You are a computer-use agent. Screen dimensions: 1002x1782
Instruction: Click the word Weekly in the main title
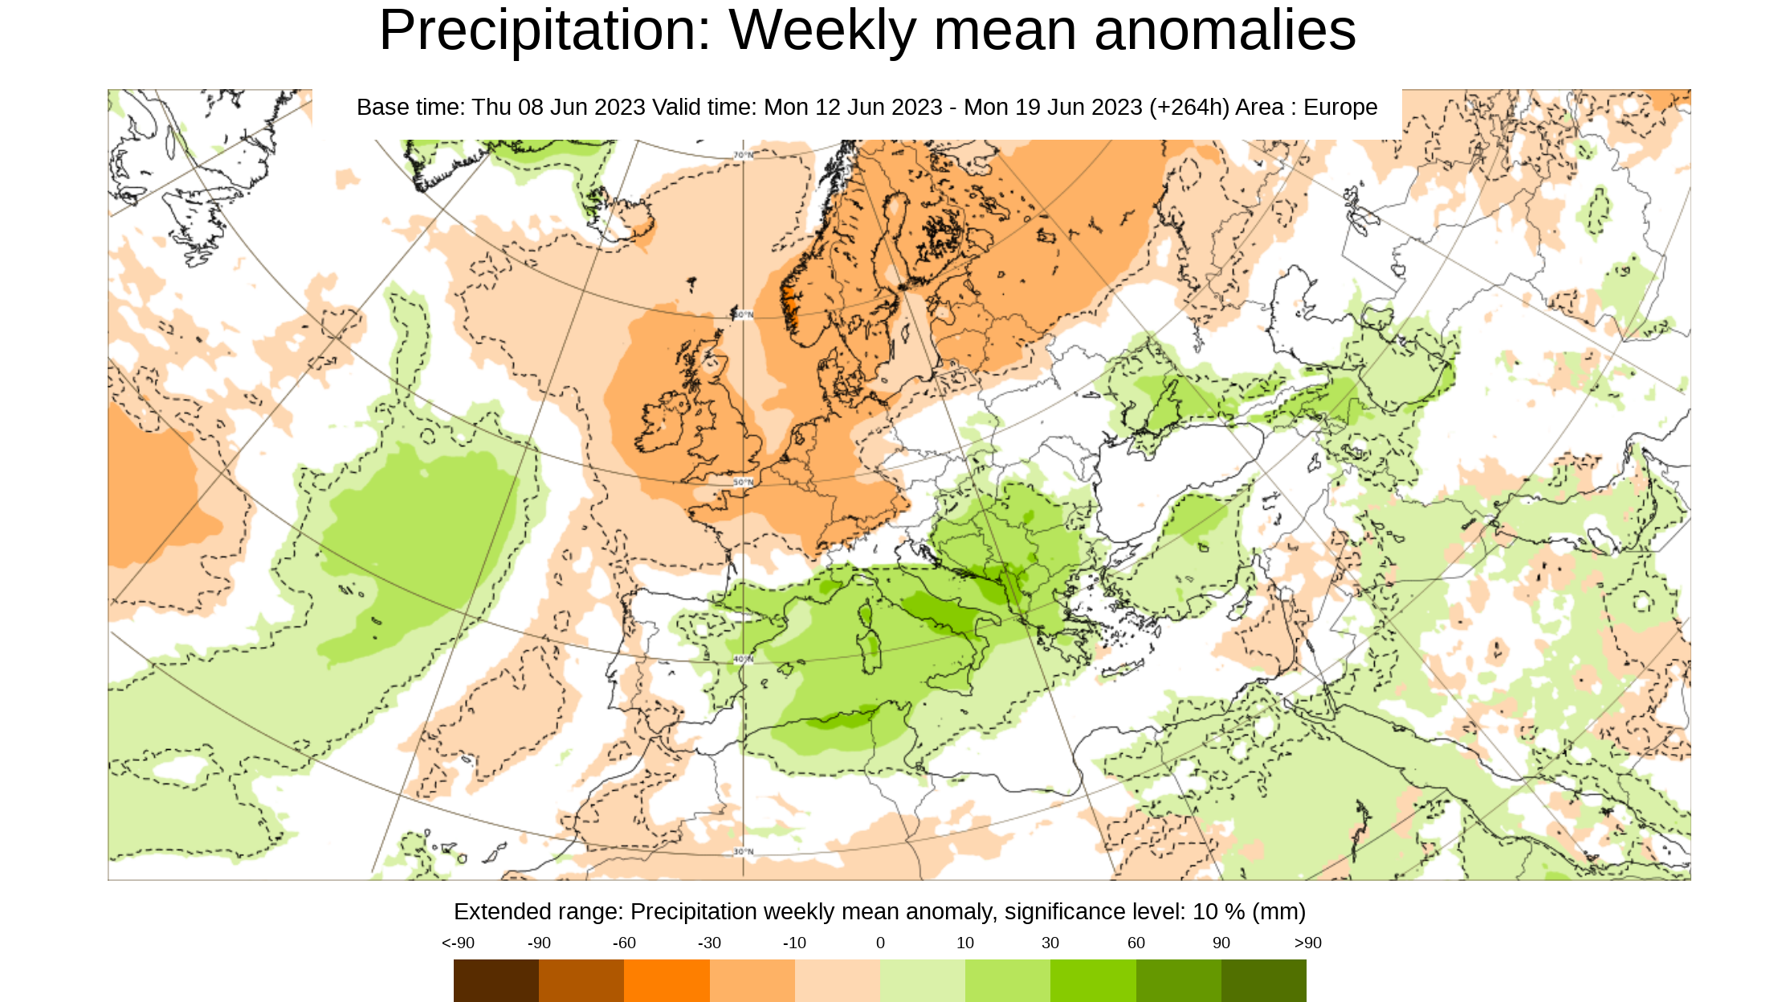[x=822, y=31]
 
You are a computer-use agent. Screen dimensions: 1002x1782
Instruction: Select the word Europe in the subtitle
[x=1340, y=107]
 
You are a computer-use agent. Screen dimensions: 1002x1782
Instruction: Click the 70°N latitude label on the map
[x=743, y=155]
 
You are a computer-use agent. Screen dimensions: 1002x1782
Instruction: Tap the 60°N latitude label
[x=743, y=315]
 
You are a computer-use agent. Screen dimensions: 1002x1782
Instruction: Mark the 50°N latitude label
[x=743, y=483]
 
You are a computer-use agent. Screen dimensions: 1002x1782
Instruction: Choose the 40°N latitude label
[x=743, y=659]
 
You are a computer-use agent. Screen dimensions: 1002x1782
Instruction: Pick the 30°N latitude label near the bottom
[x=743, y=851]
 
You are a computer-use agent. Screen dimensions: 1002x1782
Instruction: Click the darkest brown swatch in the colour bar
[x=495, y=980]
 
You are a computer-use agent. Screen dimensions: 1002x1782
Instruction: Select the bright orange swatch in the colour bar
[x=667, y=980]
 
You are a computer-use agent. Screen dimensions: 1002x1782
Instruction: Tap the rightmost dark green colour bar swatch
[x=1263, y=980]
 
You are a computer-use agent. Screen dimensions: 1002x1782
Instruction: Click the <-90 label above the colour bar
[x=458, y=943]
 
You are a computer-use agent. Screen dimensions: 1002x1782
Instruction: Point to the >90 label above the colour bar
[x=1307, y=943]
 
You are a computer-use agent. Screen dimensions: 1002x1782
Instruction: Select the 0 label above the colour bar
[x=880, y=943]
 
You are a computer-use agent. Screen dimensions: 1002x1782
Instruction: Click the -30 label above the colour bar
[x=709, y=943]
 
